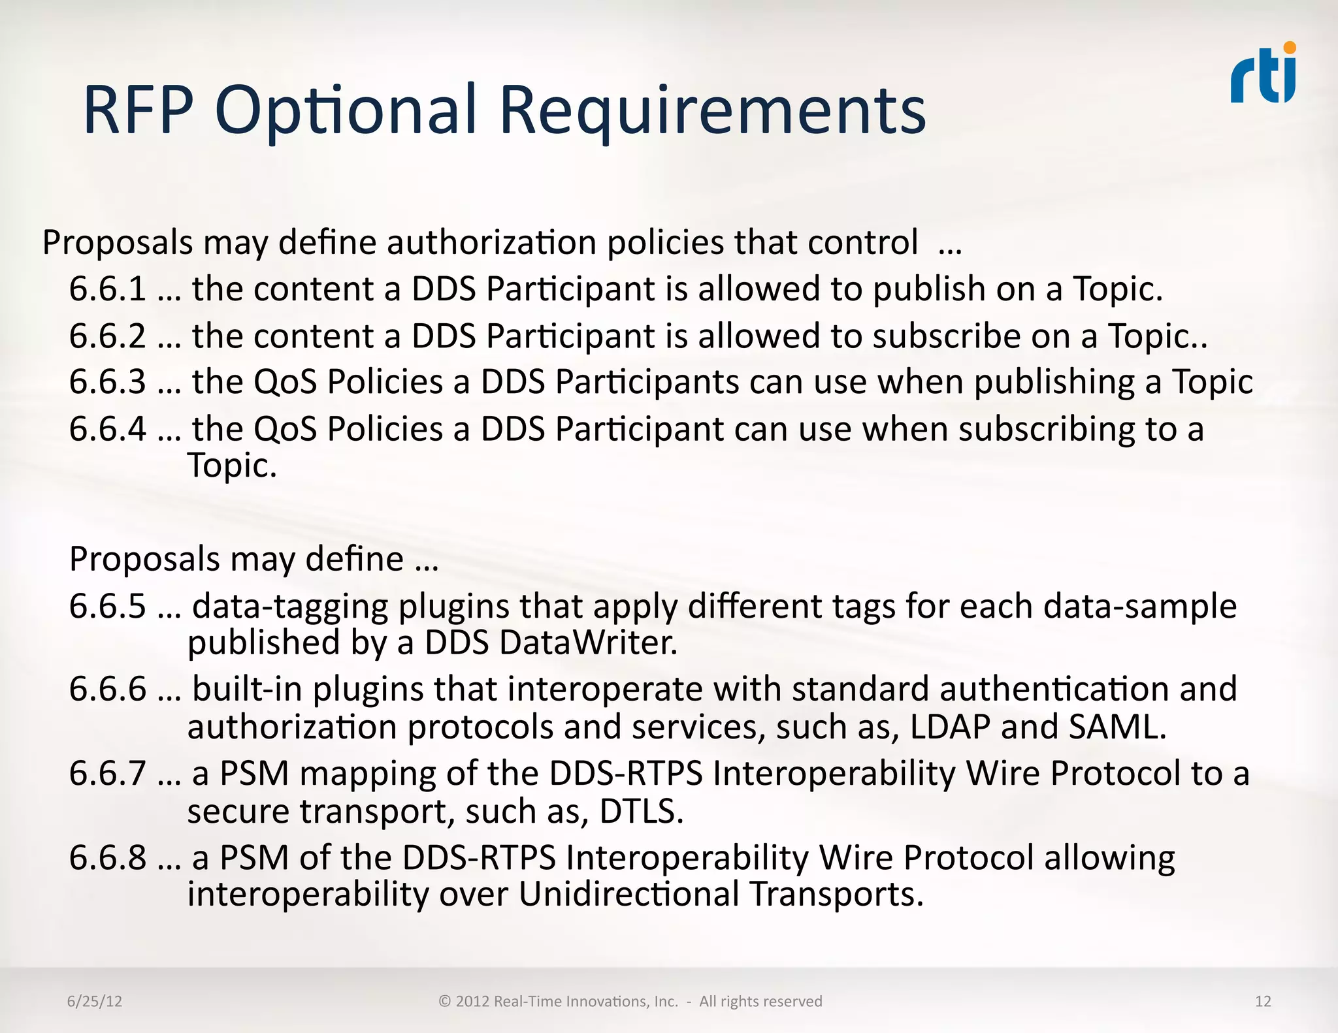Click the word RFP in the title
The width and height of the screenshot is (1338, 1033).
139,110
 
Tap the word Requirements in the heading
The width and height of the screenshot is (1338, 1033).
712,112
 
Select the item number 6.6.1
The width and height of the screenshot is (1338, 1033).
108,289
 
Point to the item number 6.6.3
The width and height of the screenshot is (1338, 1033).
108,382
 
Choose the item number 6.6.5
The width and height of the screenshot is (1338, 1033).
108,607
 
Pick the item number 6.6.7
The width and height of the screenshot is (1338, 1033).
108,774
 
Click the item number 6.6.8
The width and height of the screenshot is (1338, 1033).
108,858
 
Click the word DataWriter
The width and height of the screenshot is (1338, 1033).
589,643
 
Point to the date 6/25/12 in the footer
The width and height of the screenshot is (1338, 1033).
95,1002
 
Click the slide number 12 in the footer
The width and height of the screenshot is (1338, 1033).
1263,1002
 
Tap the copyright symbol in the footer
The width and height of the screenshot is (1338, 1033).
445,1002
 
